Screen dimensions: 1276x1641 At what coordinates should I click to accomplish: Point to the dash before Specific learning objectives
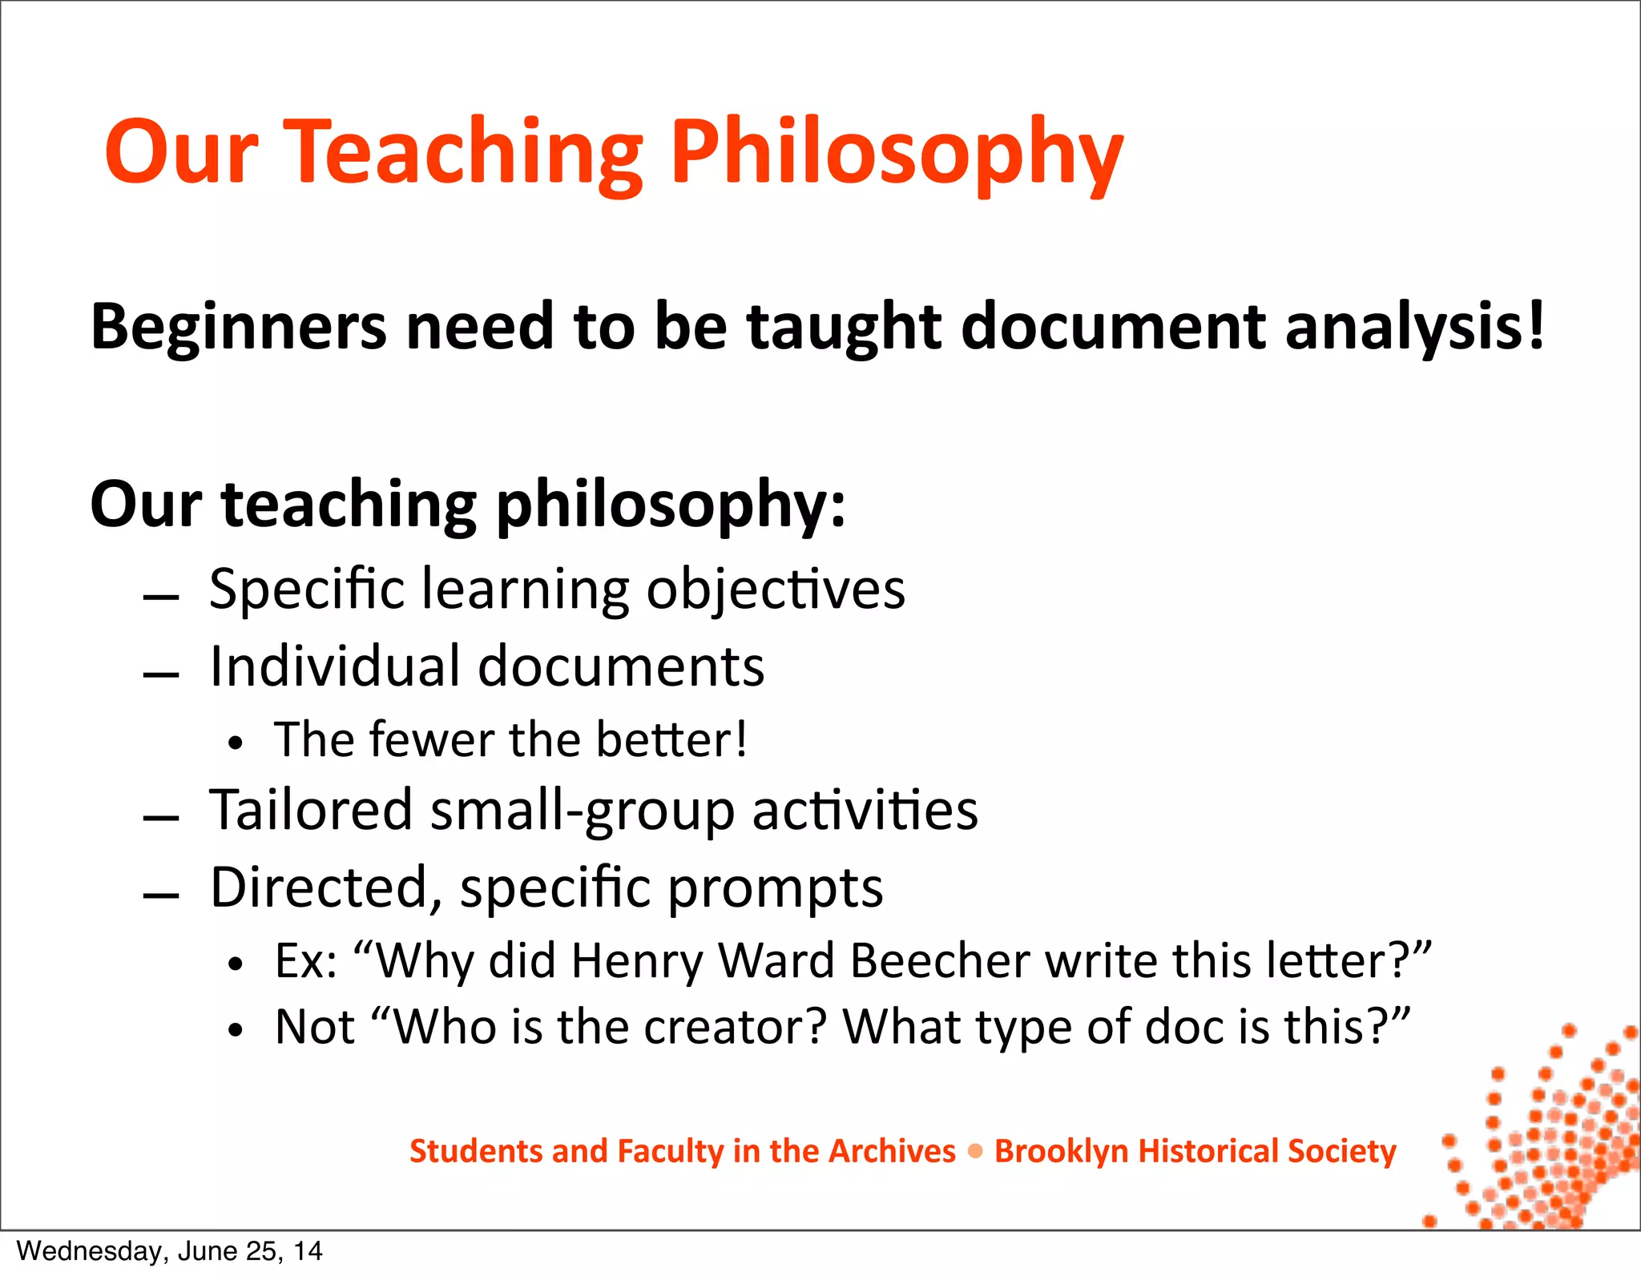[x=161, y=598]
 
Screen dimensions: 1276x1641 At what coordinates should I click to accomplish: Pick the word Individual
[x=335, y=666]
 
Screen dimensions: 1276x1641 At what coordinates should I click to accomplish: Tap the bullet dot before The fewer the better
[x=234, y=743]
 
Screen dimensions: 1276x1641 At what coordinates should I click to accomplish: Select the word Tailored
[x=311, y=810]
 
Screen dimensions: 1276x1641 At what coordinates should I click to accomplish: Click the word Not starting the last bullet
[x=315, y=1027]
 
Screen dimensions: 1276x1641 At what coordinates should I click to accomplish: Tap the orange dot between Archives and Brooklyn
[x=975, y=1152]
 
